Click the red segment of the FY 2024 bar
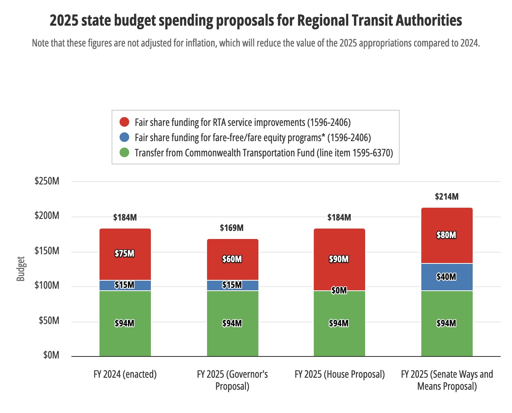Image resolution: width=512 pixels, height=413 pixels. coord(125,241)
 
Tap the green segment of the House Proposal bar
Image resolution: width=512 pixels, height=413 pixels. coord(339,337)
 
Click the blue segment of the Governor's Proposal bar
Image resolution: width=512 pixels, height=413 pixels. coord(232,285)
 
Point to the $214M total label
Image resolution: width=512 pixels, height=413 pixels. coord(447,196)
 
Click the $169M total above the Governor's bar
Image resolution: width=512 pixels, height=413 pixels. coord(232,228)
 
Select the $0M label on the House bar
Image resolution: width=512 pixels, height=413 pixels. coord(339,290)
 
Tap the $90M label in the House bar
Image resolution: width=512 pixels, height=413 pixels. coord(339,259)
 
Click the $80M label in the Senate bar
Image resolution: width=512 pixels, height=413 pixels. coord(446,235)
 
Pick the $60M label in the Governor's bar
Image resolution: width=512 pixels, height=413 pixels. coord(232,259)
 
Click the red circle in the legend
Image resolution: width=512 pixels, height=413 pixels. coord(124,122)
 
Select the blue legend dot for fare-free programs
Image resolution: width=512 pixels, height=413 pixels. coord(124,137)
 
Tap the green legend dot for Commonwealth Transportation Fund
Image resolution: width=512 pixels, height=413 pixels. coord(124,152)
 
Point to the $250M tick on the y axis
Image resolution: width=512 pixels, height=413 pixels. coord(47,181)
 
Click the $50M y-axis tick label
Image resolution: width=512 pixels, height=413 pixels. coord(49,320)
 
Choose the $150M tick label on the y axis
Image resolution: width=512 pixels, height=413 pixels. coord(47,251)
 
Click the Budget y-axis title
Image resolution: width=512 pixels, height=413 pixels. coord(20,269)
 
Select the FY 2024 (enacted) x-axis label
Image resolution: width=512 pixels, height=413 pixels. coord(125,374)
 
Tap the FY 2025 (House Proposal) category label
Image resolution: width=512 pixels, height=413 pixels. coord(339,374)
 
